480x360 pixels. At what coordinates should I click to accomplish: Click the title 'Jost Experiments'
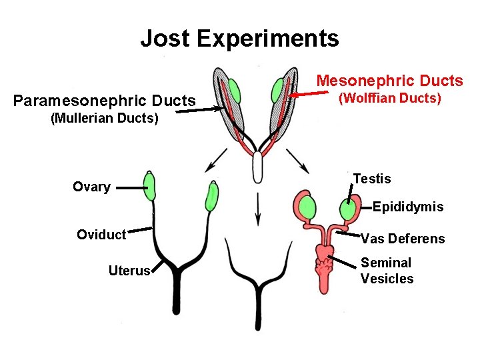pyautogui.click(x=239, y=38)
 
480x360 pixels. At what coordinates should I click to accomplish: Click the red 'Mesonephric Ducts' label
pyautogui.click(x=389, y=81)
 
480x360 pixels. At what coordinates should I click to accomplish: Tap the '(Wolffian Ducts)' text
pyautogui.click(x=390, y=99)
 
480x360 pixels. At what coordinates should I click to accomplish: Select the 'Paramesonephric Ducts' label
pyautogui.click(x=105, y=101)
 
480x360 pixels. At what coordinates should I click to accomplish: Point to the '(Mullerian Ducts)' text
pyautogui.click(x=105, y=119)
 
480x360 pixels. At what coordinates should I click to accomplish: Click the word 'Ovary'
pyautogui.click(x=91, y=187)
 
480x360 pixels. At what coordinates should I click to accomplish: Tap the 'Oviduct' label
pyautogui.click(x=101, y=234)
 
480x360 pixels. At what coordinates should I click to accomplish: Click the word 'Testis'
pyautogui.click(x=372, y=179)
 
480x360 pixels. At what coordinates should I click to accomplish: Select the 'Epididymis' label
pyautogui.click(x=407, y=207)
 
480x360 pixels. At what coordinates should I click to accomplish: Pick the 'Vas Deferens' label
pyautogui.click(x=403, y=239)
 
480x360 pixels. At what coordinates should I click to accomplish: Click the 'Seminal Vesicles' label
pyautogui.click(x=387, y=271)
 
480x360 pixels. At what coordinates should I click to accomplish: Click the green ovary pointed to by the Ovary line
pyautogui.click(x=149, y=186)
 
